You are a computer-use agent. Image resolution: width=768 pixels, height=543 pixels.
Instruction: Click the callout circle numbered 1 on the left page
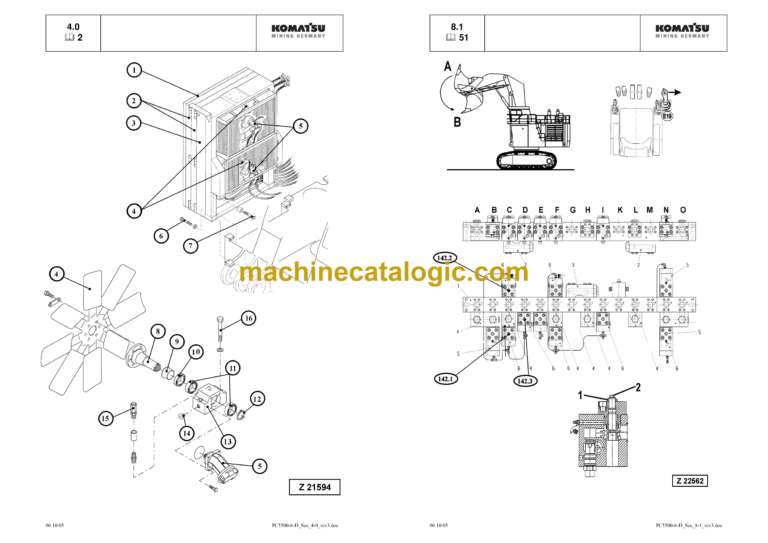pyautogui.click(x=132, y=70)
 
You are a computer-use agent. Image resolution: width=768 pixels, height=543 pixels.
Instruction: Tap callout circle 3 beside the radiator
pyautogui.click(x=132, y=123)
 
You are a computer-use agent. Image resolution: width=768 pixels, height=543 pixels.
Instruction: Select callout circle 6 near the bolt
pyautogui.click(x=160, y=236)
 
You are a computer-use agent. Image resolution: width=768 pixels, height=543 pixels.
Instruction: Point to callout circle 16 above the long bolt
pyautogui.click(x=249, y=318)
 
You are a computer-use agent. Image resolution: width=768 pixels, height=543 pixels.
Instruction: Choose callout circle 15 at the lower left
pyautogui.click(x=105, y=418)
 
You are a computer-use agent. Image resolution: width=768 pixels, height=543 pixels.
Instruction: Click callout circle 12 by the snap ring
pyautogui.click(x=256, y=399)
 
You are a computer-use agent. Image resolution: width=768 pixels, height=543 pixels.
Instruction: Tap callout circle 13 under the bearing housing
pyautogui.click(x=227, y=440)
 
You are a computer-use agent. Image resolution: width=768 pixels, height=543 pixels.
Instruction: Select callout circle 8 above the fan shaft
pyautogui.click(x=157, y=330)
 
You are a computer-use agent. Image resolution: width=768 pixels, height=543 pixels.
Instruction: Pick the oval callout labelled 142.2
pyautogui.click(x=445, y=258)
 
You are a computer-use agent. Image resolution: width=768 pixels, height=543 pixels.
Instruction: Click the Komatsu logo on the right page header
pyautogui.click(x=683, y=32)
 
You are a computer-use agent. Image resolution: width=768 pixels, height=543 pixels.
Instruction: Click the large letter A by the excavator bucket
pyautogui.click(x=444, y=68)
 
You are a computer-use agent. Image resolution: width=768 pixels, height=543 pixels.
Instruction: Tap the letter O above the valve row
pyautogui.click(x=683, y=210)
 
